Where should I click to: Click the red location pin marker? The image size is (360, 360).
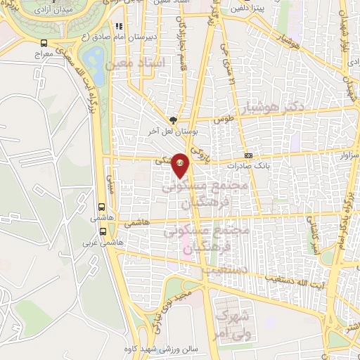[181, 164]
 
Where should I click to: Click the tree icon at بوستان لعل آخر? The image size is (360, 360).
[174, 120]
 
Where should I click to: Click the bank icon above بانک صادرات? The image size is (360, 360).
[247, 155]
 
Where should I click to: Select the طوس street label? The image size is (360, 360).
[224, 120]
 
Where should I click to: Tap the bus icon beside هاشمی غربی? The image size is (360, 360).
[103, 230]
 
